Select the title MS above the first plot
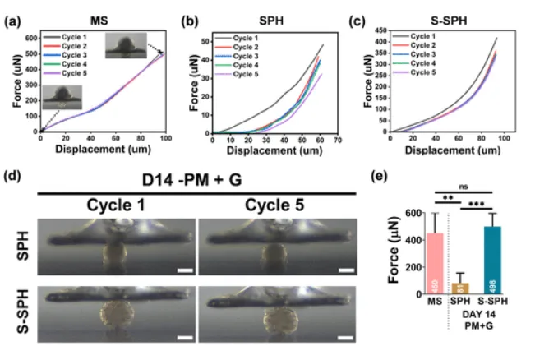click(103, 17)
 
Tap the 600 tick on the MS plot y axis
click(30, 39)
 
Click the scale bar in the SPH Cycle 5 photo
click(346, 268)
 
